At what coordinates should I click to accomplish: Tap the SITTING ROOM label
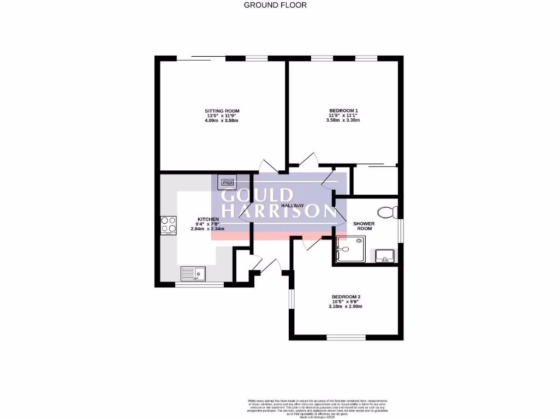coord(222,111)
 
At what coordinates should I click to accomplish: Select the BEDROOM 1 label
coord(343,111)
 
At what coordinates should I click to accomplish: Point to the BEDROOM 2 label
coord(345,297)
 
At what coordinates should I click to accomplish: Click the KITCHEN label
coord(207,219)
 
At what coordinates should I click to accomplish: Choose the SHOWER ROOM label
coord(364,226)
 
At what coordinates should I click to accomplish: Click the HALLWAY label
coord(292,205)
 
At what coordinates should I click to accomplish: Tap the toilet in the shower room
coord(388,212)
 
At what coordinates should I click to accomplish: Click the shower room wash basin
coord(385,255)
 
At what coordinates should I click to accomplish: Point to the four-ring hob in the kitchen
coord(168,225)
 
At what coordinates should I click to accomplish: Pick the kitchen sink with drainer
coord(192,273)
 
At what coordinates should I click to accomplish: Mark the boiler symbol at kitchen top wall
coord(227,181)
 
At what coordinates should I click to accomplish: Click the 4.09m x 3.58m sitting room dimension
coord(222,121)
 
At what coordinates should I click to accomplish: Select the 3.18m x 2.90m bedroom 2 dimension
coord(345,307)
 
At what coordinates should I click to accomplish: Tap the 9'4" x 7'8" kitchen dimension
coord(207,224)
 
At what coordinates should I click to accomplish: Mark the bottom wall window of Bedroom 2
coord(346,337)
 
